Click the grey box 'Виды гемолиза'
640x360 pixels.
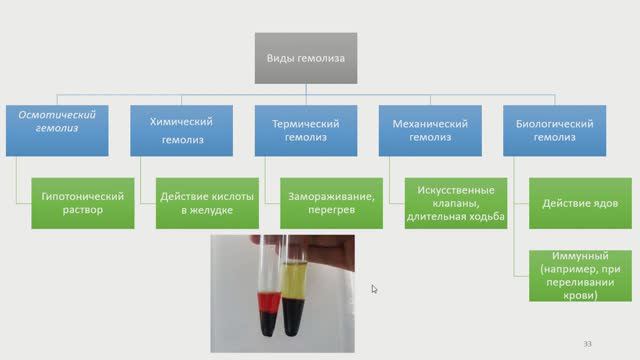(x=305, y=58)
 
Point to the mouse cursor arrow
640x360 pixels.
(x=374, y=289)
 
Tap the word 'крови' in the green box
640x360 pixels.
(x=576, y=296)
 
